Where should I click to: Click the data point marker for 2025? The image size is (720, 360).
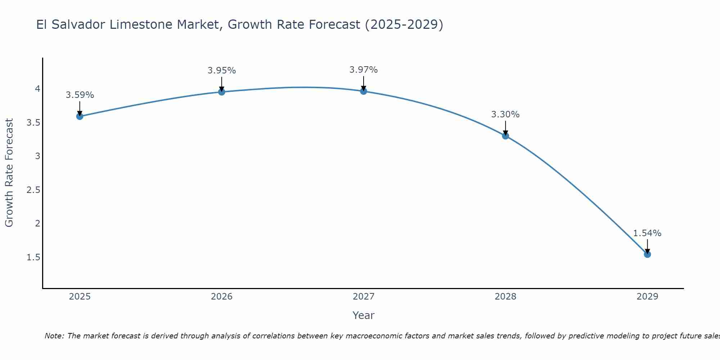point(80,116)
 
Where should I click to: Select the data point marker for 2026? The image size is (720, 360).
point(222,92)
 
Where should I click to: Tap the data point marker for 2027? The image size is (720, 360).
point(364,91)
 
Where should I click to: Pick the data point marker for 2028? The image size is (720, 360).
point(505,136)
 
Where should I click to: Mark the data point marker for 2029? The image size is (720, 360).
point(647,254)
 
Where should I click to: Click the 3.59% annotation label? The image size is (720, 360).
point(80,95)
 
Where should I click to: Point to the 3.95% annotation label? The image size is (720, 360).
point(222,71)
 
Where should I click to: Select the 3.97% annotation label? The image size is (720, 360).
point(364,70)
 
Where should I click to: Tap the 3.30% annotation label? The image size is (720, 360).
point(505,114)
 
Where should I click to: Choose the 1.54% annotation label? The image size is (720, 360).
point(647,233)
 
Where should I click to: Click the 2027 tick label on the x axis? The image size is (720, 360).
point(364,297)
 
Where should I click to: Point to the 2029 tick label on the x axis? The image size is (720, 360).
point(647,297)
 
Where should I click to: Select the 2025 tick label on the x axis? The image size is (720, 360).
point(80,297)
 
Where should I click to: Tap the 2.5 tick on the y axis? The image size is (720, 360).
point(33,190)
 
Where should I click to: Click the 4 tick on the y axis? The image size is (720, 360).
point(37,89)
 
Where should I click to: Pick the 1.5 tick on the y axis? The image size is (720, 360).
point(33,257)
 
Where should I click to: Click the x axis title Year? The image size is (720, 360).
point(364,315)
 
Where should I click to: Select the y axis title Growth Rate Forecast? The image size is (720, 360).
point(9,173)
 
